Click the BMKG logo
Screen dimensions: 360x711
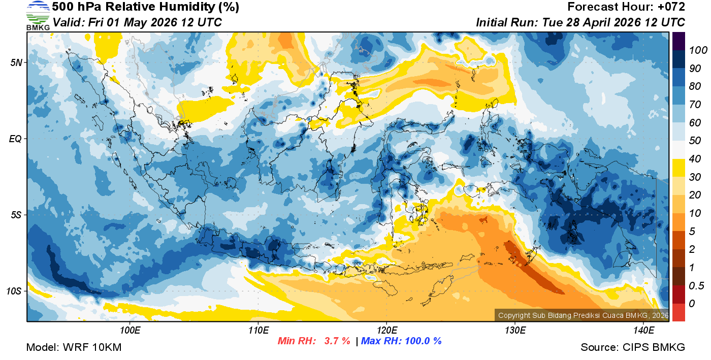38,15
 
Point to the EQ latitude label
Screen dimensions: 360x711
16,139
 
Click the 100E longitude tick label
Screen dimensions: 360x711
130,331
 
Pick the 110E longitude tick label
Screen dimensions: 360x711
258,331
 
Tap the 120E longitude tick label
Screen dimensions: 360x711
386,331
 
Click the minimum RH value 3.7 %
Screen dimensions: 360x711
337,341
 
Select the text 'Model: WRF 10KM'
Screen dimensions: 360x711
74,347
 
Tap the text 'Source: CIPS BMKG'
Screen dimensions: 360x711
633,347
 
